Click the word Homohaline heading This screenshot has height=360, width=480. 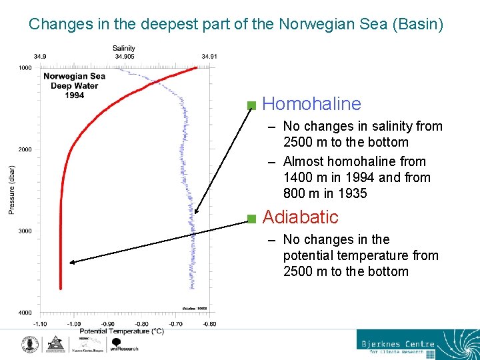click(311, 104)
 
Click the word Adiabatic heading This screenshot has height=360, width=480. click(300, 217)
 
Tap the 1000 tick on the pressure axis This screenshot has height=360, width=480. click(25, 68)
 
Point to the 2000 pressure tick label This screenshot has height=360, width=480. click(25, 149)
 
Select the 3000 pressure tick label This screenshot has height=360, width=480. click(25, 231)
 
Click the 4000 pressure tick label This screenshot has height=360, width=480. click(25, 313)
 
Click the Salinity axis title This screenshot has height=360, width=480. click(124, 48)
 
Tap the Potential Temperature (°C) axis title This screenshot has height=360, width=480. click(121, 331)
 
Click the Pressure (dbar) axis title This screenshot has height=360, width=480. click(12, 190)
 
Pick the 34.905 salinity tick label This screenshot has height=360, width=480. click(124, 57)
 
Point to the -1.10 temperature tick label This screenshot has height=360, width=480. click(41, 324)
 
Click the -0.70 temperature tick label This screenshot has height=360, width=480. click(175, 324)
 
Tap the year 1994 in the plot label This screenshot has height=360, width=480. click(75, 95)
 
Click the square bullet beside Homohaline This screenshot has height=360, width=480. click(251, 105)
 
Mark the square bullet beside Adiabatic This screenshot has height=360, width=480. click(251, 219)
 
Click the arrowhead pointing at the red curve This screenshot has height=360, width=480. click(73, 263)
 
